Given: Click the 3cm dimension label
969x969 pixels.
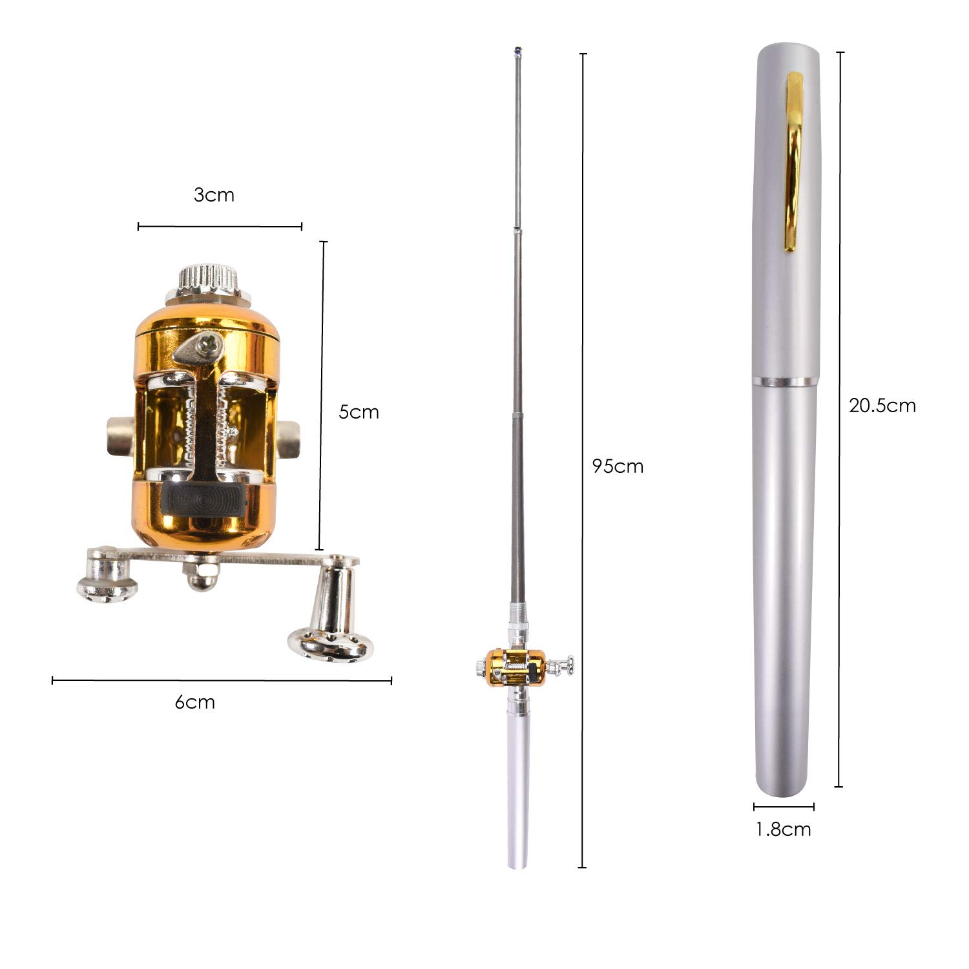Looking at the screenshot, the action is (214, 195).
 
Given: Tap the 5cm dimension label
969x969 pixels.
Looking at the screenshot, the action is (359, 412).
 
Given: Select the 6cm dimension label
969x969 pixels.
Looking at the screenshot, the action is (194, 702).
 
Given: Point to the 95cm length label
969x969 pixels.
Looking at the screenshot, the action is (618, 466).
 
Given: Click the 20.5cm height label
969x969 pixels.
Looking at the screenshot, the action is (882, 405).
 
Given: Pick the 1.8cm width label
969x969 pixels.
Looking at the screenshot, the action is (784, 829).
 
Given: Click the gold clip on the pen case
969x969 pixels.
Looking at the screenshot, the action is (794, 161).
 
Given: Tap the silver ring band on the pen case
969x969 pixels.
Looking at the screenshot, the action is (785, 381).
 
